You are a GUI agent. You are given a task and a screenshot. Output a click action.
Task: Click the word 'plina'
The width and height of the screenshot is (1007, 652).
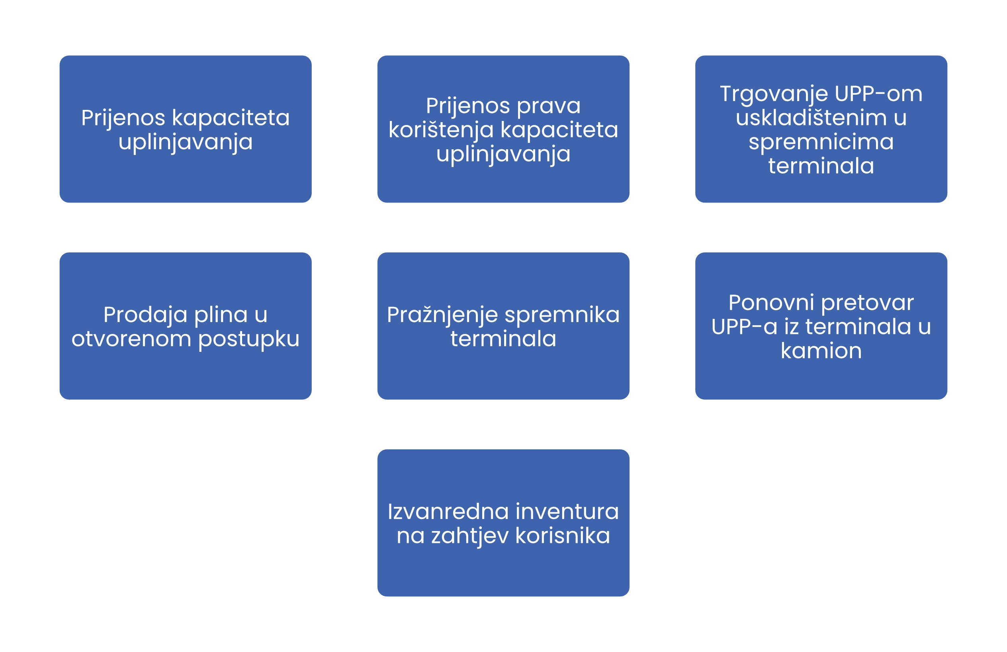pyautogui.click(x=221, y=316)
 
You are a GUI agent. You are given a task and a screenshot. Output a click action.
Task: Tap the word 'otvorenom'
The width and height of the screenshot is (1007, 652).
pyautogui.click(x=131, y=339)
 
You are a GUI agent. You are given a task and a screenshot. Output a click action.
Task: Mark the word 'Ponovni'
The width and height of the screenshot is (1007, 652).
pyautogui.click(x=771, y=303)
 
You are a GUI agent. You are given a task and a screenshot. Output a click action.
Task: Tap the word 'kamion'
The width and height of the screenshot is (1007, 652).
pyautogui.click(x=821, y=351)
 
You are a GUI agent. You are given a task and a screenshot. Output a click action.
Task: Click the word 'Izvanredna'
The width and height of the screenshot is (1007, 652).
pyautogui.click(x=448, y=512)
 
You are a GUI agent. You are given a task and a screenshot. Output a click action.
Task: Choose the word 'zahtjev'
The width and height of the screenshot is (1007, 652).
pyautogui.click(x=469, y=536)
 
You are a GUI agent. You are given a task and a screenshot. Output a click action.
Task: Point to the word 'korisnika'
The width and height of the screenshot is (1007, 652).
pyautogui.click(x=563, y=536)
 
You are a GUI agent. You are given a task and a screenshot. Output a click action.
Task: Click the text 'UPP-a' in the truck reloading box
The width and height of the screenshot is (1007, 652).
pyautogui.click(x=744, y=327)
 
